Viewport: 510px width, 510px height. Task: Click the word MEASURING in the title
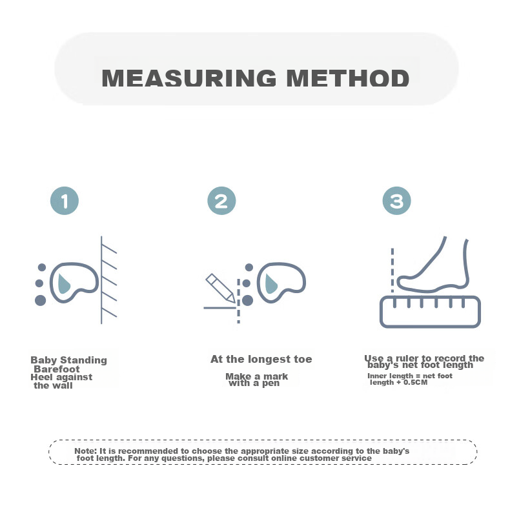189,78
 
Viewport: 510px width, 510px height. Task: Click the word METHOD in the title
348,78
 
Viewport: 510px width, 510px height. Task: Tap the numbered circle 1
65,201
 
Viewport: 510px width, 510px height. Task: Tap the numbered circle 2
221,201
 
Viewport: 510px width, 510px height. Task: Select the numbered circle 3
396,201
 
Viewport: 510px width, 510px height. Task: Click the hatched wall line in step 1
101,280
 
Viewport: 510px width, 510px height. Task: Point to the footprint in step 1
74,282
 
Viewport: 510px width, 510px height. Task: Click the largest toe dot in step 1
40,300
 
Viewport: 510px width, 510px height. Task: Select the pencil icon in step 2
220,288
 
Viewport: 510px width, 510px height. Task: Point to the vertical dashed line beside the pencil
238,301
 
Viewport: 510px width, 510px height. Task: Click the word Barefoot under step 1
57,369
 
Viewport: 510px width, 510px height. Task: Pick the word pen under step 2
271,384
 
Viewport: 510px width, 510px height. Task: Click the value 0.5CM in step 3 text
415,382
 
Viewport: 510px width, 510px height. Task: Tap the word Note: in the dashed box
86,451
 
